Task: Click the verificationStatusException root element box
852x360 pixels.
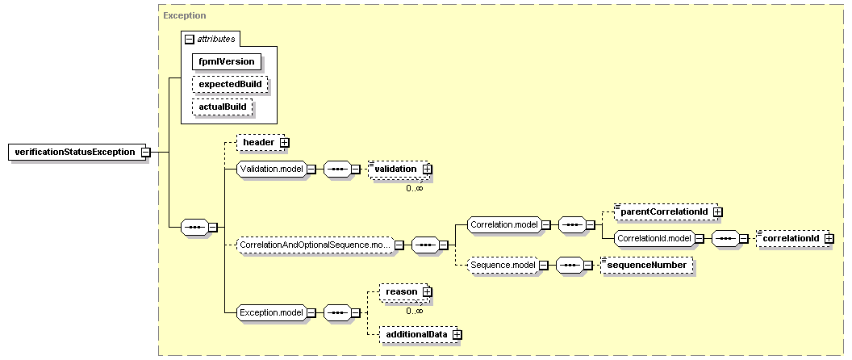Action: click(76, 152)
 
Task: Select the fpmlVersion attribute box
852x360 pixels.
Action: click(227, 61)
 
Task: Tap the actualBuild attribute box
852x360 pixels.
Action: click(223, 107)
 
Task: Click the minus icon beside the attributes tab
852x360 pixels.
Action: click(189, 40)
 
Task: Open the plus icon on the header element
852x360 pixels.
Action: click(284, 142)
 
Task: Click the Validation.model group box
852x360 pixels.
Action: click(272, 170)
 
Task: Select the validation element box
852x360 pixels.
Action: click(399, 170)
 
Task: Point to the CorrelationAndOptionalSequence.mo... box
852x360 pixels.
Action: click(315, 245)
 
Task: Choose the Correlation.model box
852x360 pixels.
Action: click(504, 224)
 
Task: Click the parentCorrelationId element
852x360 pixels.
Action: click(666, 211)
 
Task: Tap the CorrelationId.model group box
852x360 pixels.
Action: click(654, 237)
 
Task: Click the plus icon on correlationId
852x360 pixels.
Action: click(829, 238)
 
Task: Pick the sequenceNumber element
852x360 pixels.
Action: click(647, 265)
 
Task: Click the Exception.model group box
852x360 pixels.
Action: click(272, 312)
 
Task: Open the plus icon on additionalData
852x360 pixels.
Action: click(457, 335)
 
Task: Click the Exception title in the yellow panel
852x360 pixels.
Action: click(185, 16)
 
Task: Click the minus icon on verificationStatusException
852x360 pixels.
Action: click(145, 152)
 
